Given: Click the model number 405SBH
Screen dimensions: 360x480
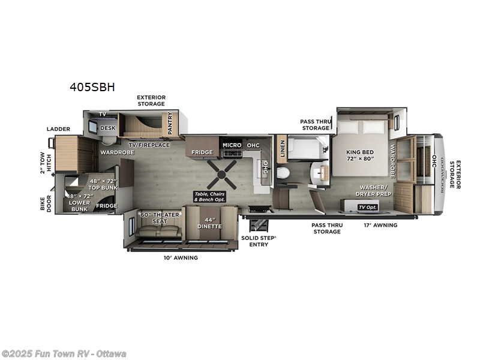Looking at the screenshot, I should [92, 87].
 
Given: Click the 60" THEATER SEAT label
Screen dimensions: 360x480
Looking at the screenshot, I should [153, 218].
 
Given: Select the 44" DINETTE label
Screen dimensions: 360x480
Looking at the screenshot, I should [210, 223].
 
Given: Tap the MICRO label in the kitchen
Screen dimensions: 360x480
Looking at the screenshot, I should [232, 145].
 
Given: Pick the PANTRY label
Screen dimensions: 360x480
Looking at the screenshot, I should [170, 123].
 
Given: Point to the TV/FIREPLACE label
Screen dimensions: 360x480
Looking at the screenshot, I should [149, 145].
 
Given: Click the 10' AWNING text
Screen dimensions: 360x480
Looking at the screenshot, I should [181, 257].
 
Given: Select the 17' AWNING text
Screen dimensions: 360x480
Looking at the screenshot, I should [380, 225].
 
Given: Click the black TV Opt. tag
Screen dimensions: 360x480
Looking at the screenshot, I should [367, 207].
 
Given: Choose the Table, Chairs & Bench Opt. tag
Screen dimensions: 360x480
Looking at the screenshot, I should [210, 196].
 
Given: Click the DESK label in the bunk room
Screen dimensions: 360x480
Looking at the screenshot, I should [107, 128].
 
